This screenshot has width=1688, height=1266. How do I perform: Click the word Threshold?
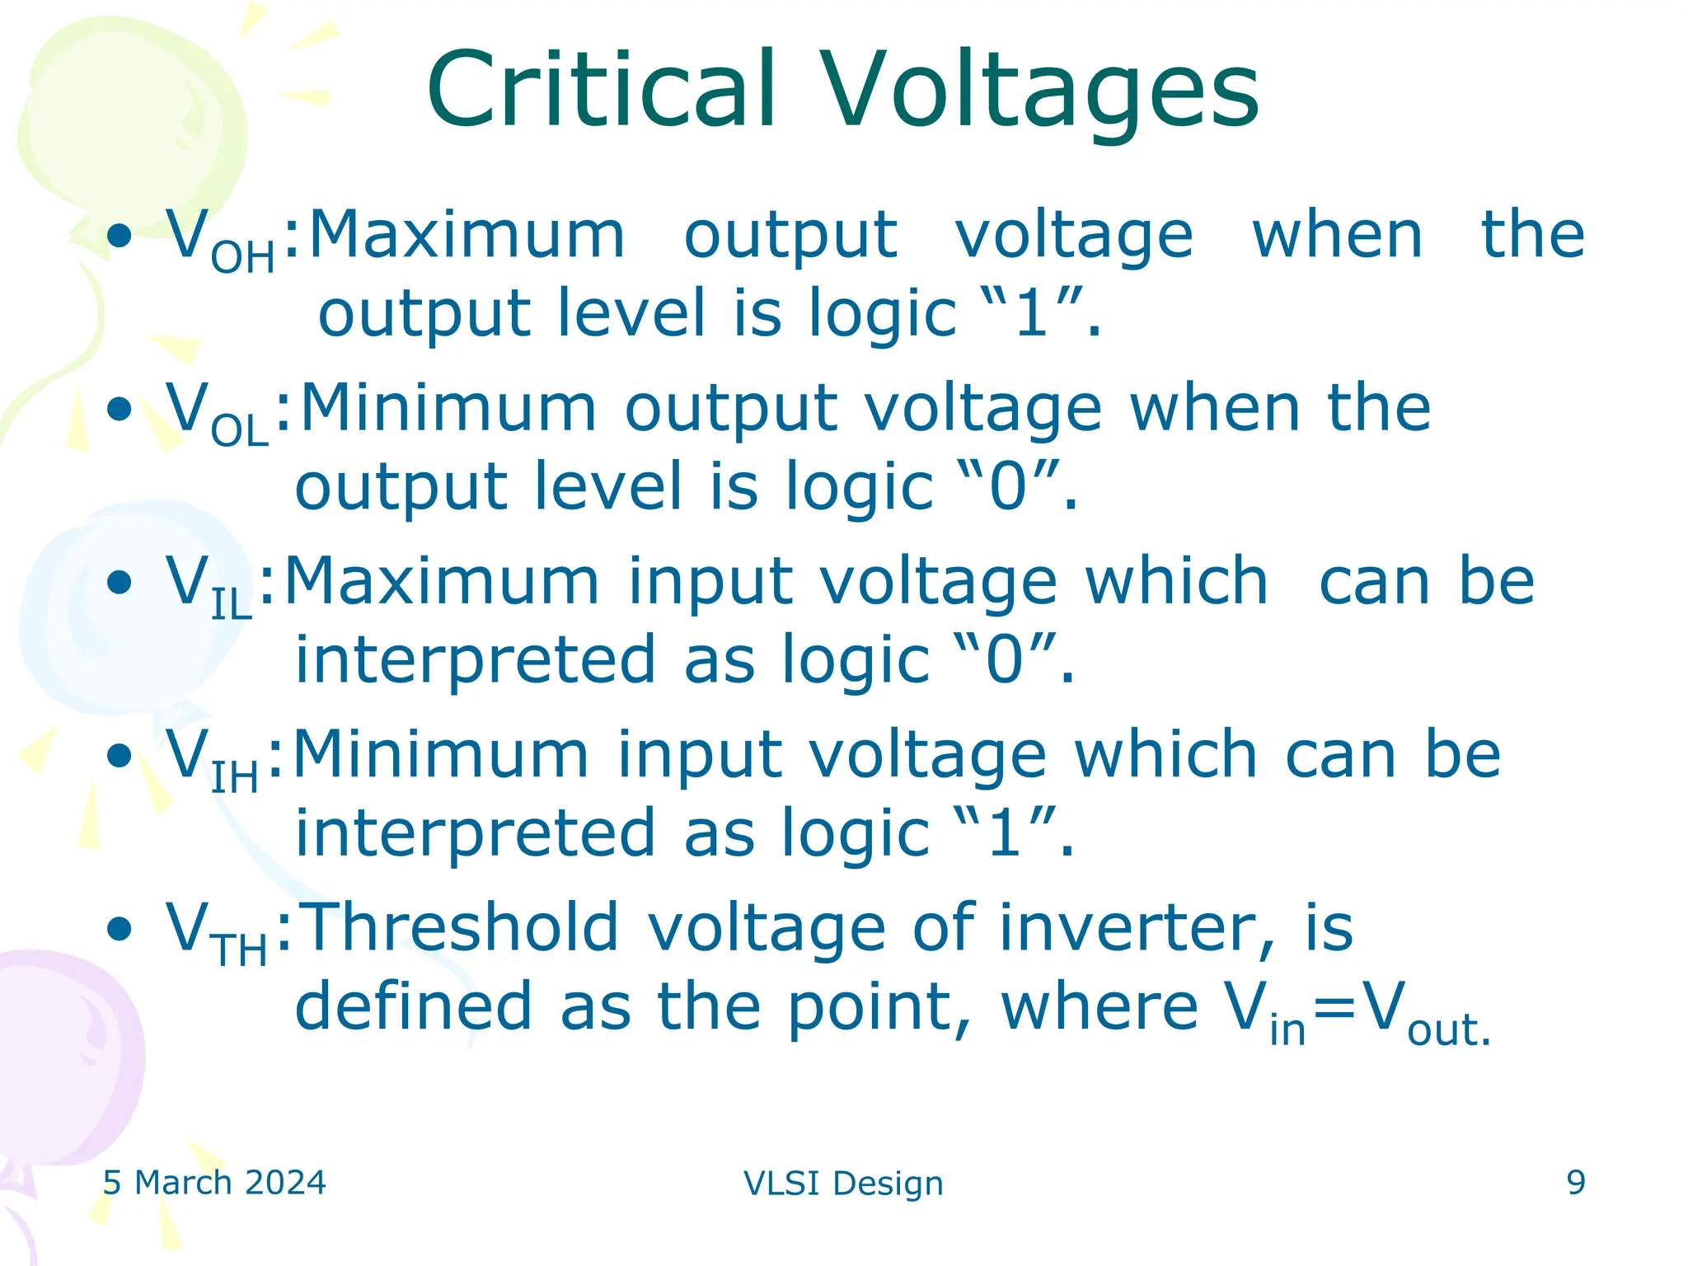462,927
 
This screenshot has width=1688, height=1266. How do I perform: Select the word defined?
413,1006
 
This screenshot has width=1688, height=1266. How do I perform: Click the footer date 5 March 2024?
214,1183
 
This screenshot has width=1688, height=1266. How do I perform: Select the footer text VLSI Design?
843,1184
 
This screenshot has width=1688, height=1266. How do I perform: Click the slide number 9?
1575,1183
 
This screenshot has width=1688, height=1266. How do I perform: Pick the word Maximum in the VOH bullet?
467,236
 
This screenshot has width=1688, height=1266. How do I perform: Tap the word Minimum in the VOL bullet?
448,409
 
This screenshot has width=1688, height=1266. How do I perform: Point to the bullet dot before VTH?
120,928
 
